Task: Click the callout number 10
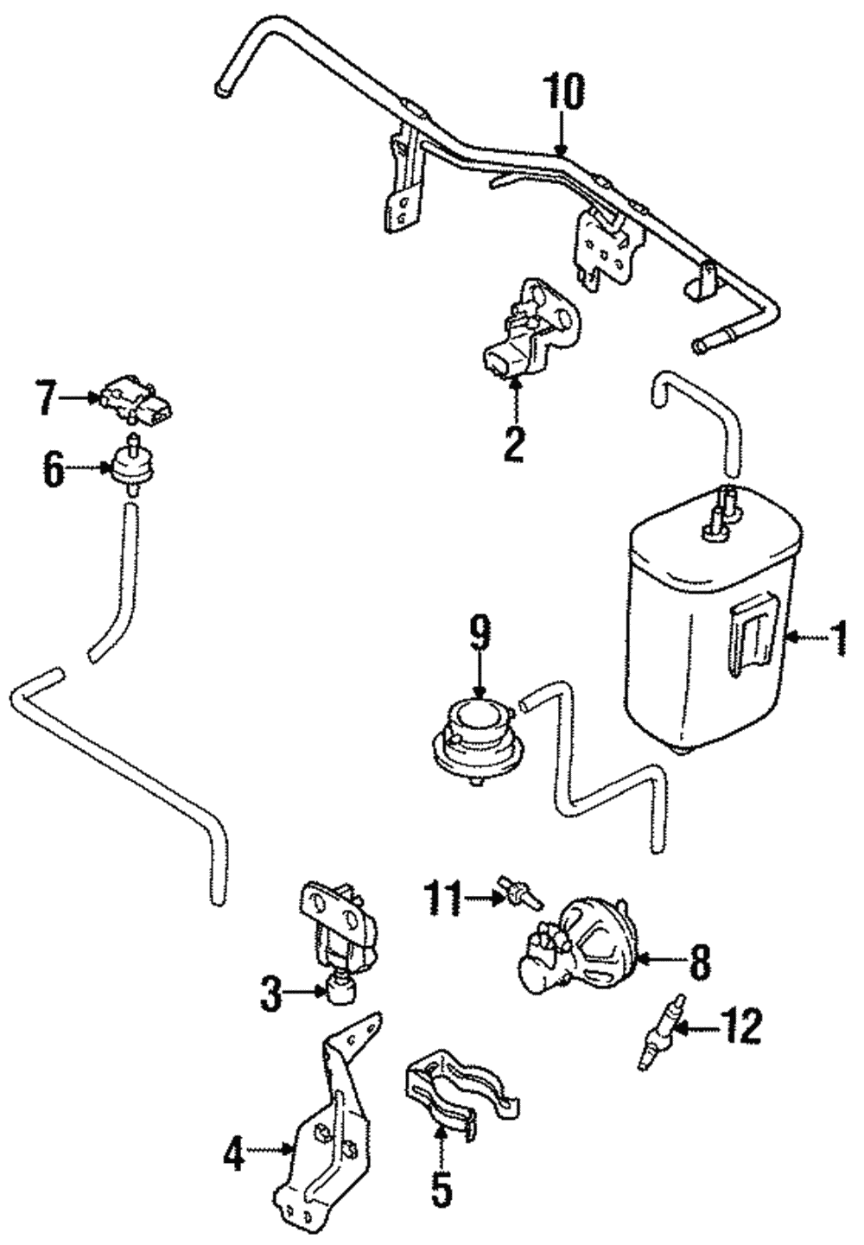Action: (563, 92)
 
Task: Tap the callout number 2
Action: (513, 443)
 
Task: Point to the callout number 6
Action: (53, 471)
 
